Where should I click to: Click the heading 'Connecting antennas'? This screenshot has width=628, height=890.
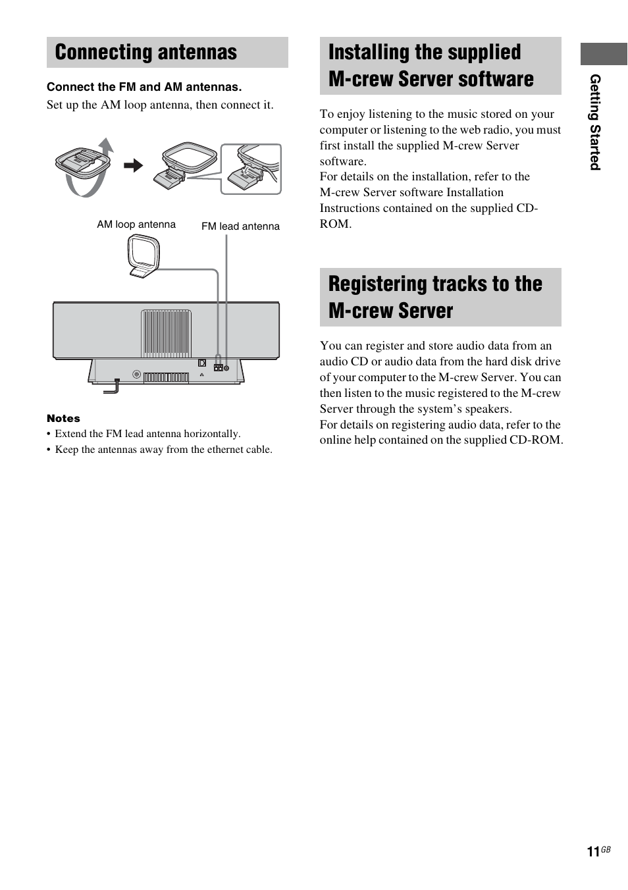coord(145,53)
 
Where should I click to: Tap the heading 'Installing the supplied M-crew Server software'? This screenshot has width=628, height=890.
coord(431,65)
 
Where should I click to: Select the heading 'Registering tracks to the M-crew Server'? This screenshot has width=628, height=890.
coord(434,297)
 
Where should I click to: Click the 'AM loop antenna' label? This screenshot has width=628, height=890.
coord(136,224)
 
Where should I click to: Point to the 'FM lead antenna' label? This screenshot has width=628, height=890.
coord(240,226)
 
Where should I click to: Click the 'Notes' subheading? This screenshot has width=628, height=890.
coord(63,419)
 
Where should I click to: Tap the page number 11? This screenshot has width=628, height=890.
coord(592,852)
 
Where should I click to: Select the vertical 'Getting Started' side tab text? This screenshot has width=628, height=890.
coord(595,122)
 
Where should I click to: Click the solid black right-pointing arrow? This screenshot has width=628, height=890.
coord(134,165)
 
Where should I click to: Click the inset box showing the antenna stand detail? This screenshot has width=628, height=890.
coord(251,169)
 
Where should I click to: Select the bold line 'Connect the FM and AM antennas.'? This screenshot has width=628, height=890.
coord(144,87)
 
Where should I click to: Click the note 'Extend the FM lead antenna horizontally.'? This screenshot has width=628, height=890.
coord(147,434)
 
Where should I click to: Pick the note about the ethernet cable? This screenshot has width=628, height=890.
coord(163,450)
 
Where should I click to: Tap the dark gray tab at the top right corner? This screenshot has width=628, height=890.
coord(603,54)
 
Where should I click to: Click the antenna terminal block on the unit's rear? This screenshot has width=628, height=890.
coord(219,368)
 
